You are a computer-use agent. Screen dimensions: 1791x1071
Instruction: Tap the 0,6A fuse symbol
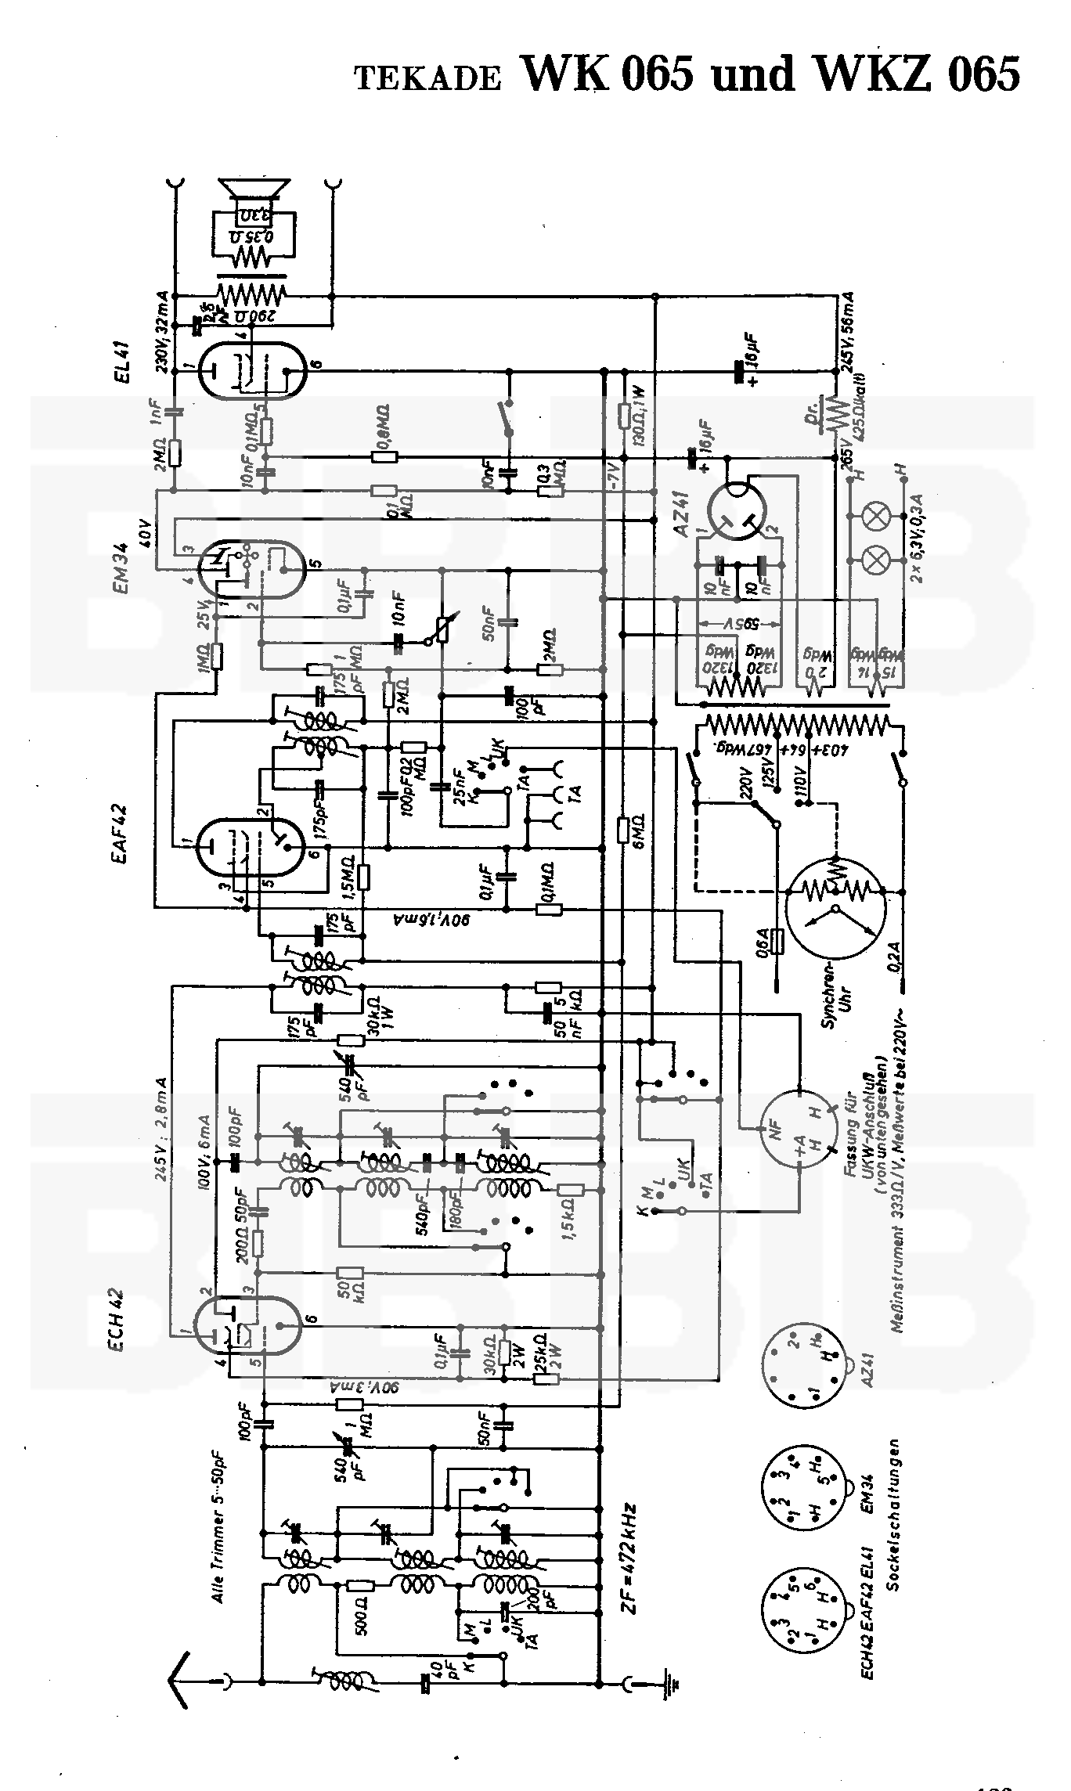(777, 942)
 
